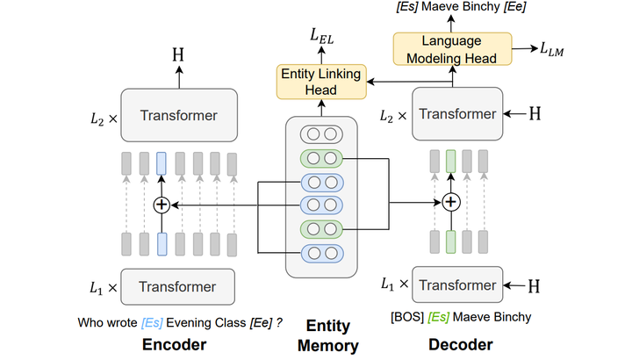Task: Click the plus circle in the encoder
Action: tap(161, 204)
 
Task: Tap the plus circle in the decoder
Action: tap(450, 202)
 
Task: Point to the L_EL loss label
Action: tap(320, 36)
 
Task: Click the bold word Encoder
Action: tap(175, 343)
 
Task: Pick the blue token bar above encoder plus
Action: tap(161, 164)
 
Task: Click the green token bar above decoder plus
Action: tap(450, 162)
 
